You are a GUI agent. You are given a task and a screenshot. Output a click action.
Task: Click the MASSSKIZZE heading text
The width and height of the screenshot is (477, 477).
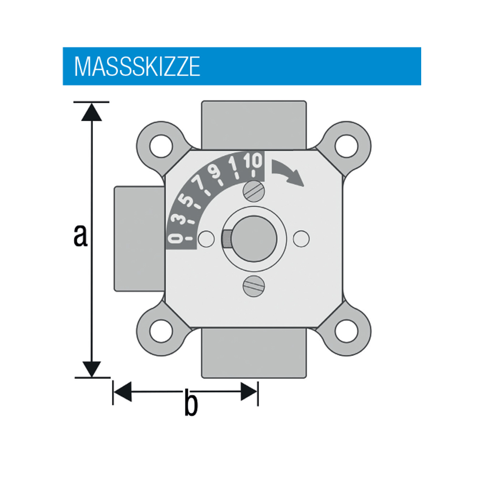(137, 67)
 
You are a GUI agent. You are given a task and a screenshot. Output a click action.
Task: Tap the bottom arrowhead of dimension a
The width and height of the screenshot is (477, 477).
(91, 369)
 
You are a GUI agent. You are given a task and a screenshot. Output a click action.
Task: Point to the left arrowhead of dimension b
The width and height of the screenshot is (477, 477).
(122, 392)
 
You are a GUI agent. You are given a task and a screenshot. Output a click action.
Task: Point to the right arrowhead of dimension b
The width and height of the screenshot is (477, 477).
(249, 392)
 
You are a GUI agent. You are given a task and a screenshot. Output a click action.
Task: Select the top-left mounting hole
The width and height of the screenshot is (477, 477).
(160, 145)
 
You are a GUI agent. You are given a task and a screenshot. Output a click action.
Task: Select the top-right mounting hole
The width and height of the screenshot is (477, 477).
(347, 145)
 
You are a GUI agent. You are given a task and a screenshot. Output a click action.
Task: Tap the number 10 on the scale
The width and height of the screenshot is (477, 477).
(252, 162)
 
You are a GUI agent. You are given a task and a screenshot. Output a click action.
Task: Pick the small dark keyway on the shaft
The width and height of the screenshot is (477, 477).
(227, 238)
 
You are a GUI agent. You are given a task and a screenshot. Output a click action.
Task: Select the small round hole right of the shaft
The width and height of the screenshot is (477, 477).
(301, 238)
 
